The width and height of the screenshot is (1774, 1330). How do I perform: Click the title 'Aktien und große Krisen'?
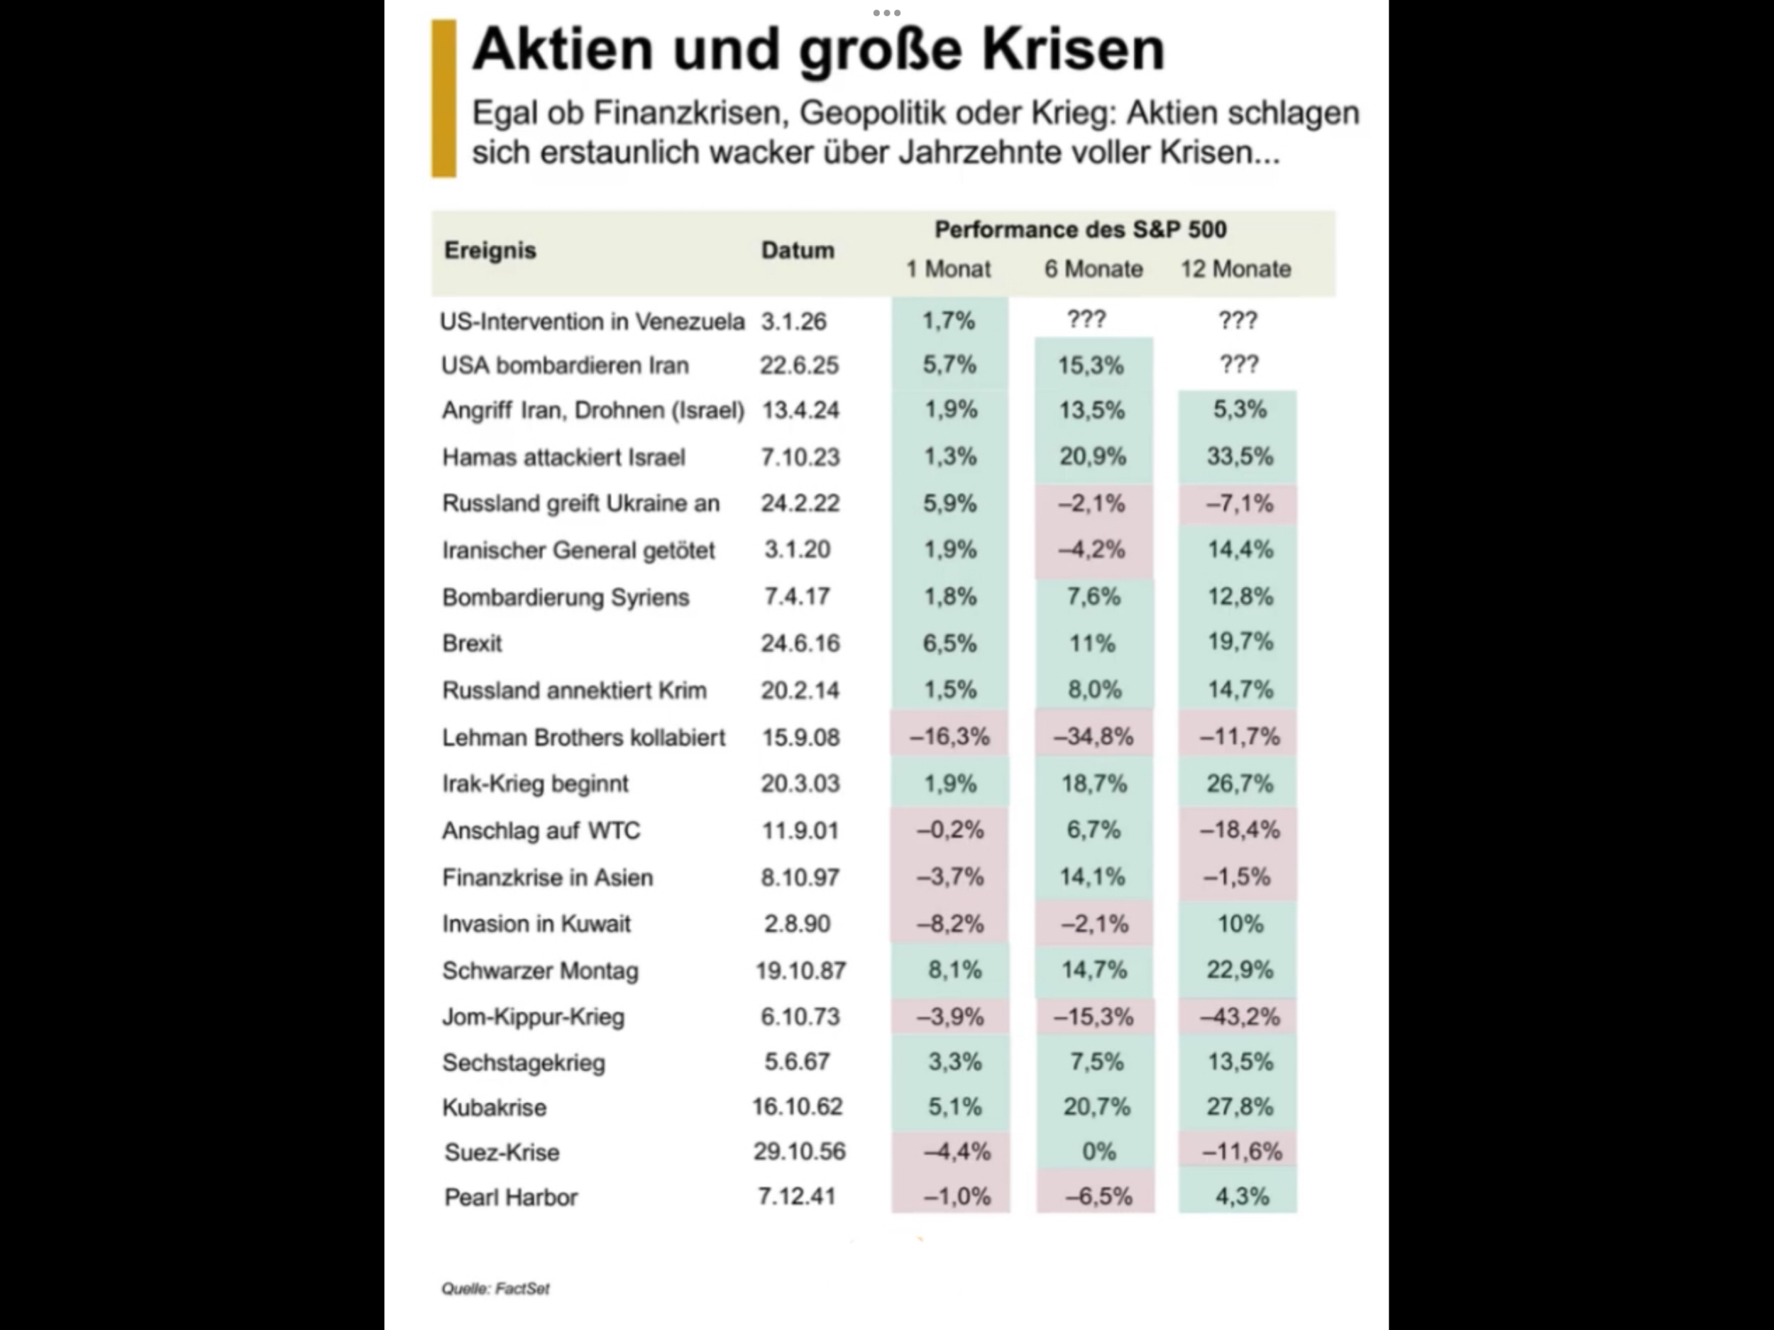[818, 50]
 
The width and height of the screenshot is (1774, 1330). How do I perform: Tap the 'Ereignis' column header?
[490, 251]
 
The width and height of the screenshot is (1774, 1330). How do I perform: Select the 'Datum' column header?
[797, 251]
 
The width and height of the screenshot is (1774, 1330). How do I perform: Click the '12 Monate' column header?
[1235, 269]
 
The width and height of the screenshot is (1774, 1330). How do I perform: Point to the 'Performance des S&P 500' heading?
[1080, 229]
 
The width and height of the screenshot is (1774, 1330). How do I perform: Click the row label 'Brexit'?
[472, 643]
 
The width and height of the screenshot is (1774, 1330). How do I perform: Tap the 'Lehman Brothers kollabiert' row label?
[583, 737]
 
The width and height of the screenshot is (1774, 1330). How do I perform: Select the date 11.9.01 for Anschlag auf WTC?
[800, 830]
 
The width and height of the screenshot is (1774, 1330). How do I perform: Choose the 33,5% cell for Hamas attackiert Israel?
[1239, 456]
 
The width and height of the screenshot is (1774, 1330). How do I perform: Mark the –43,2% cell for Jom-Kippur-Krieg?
[1239, 1016]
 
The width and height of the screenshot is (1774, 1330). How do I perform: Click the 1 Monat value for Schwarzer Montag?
[954, 970]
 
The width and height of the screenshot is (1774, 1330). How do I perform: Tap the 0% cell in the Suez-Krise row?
[1098, 1152]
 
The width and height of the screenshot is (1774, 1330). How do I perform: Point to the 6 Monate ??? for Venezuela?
[1086, 319]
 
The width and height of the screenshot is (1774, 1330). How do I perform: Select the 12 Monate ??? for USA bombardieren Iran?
[1239, 365]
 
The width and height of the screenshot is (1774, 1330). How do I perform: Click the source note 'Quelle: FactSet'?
[495, 1289]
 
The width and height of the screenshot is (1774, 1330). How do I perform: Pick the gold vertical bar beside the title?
[443, 98]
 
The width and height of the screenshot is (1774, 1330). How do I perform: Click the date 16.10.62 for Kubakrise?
[797, 1107]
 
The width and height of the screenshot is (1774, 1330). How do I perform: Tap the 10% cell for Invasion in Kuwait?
[1240, 923]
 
